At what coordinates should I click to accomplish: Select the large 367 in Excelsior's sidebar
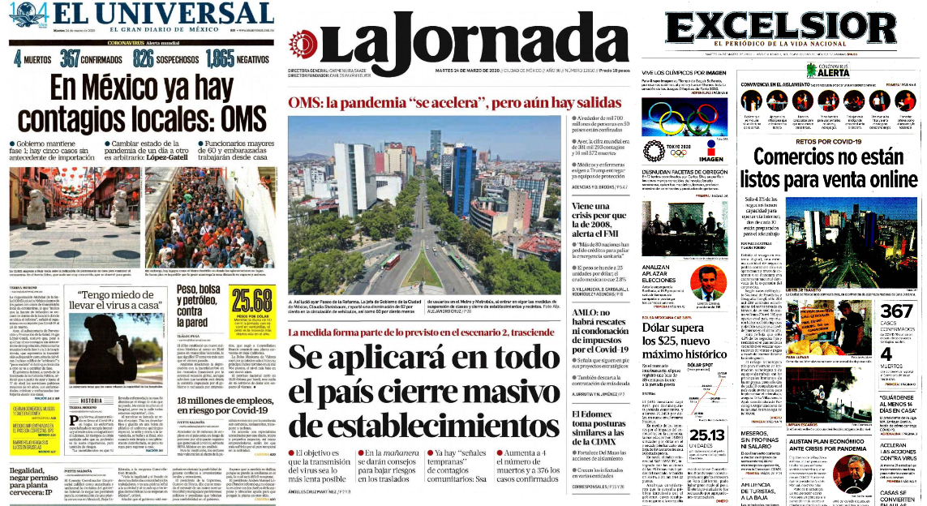[897, 313]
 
